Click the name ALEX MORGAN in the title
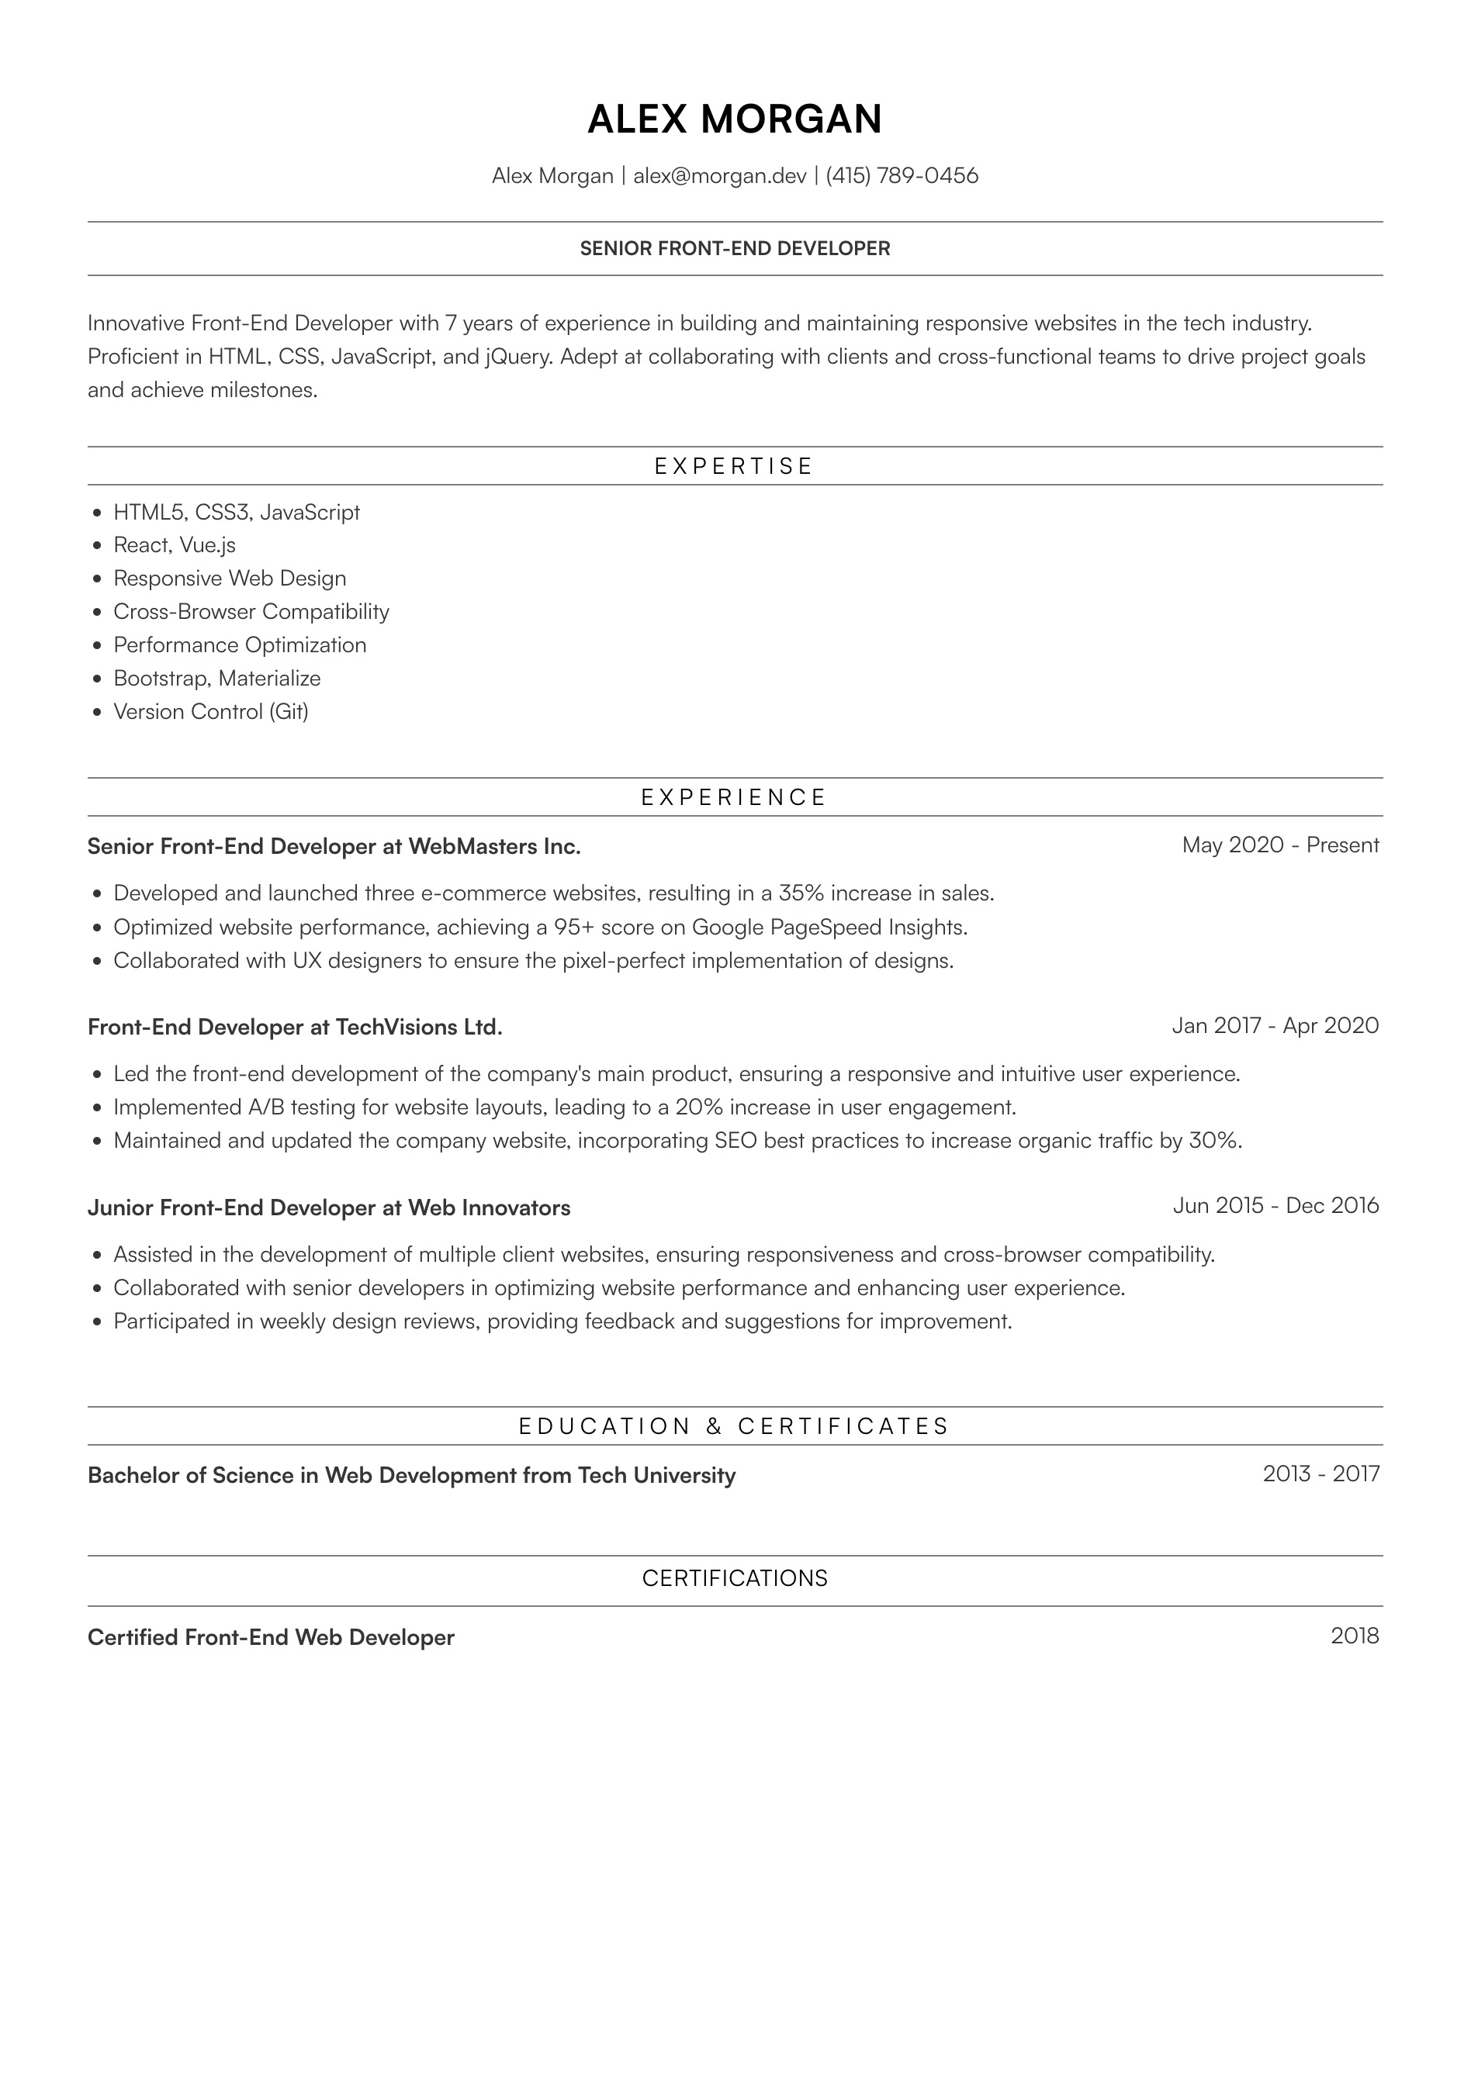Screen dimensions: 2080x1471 pos(734,119)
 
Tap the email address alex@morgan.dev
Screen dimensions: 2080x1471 pos(720,176)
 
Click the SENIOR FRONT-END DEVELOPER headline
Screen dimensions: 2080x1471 pos(735,249)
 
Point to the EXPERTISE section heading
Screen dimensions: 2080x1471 pos(734,467)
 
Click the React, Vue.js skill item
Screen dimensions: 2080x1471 pos(174,545)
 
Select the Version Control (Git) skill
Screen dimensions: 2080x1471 pos(210,712)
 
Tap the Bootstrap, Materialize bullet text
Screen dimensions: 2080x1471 pos(216,679)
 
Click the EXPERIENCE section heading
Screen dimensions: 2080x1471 pos(734,798)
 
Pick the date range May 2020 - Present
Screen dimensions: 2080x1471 pos(1280,845)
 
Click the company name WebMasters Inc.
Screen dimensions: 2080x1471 pos(494,847)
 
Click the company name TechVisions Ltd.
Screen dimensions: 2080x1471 pos(419,1028)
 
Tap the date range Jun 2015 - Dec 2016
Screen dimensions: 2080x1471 pos(1275,1206)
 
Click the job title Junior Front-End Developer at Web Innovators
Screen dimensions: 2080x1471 pos(329,1208)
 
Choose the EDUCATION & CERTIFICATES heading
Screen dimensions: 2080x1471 pos(734,1427)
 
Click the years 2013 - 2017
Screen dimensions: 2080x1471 pos(1320,1474)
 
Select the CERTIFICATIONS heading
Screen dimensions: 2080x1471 pos(735,1579)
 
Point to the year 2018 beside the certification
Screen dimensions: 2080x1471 pos(1354,1636)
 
